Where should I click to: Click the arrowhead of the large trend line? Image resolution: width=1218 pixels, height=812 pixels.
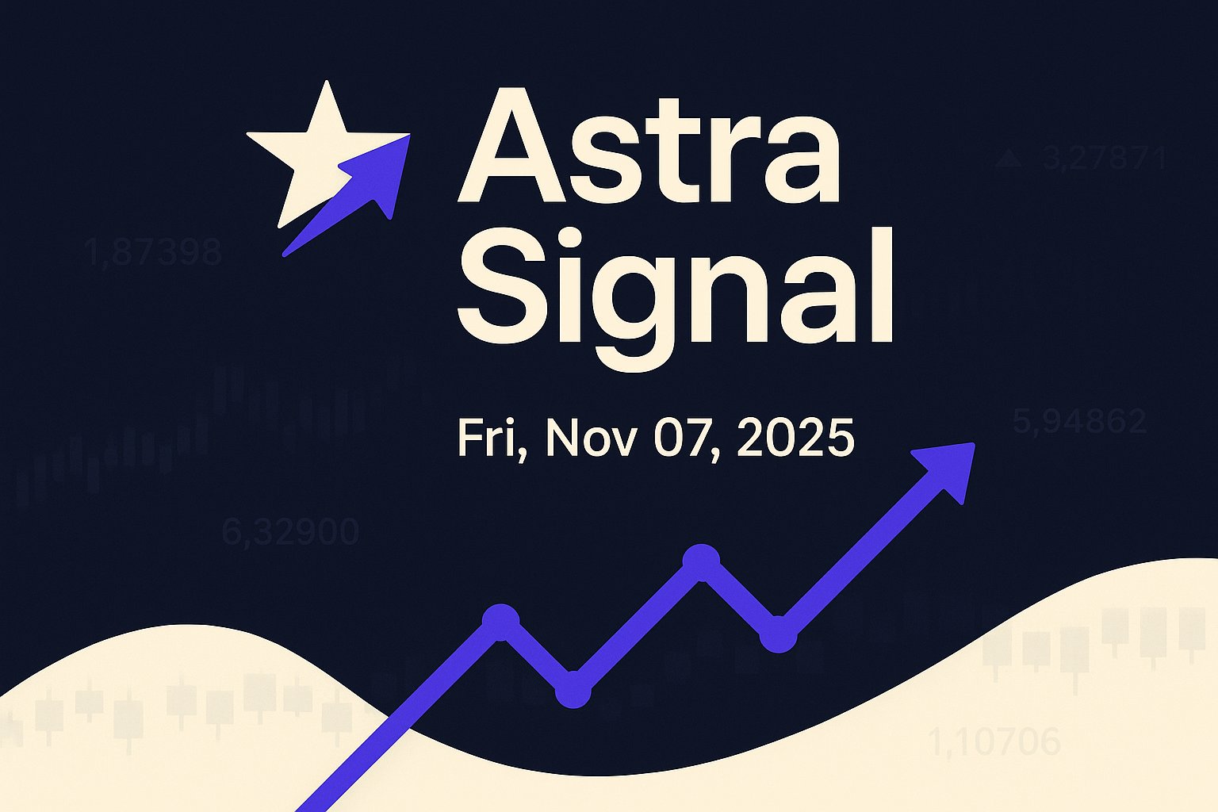click(948, 468)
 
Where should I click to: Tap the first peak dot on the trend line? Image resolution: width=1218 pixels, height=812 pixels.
click(500, 620)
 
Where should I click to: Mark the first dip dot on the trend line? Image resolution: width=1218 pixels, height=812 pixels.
click(573, 689)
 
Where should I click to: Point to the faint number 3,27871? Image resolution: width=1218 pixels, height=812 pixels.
click(1105, 159)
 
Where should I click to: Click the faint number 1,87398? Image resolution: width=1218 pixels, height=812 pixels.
click(153, 253)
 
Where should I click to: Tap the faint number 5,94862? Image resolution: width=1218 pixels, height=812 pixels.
click(1079, 420)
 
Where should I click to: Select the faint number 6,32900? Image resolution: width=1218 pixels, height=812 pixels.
click(290, 531)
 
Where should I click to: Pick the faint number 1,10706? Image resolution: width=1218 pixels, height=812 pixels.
click(994, 742)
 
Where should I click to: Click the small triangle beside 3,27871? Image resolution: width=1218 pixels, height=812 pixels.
click(1009, 159)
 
